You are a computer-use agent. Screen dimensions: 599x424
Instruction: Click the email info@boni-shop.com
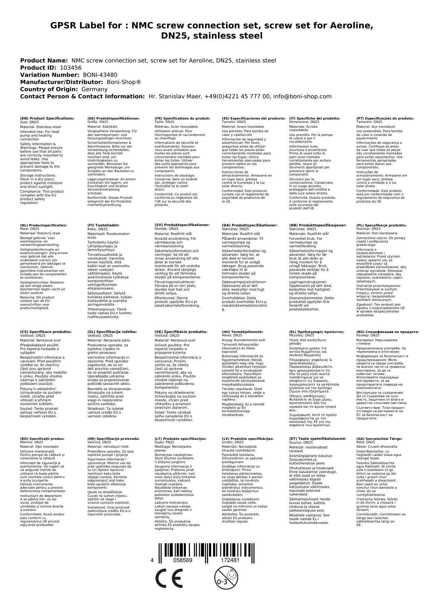302,96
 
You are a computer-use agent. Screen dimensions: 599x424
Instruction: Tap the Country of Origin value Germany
94,89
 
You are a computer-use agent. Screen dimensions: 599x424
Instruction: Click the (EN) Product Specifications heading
47,118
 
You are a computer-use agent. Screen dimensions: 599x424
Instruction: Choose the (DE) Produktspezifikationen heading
113,118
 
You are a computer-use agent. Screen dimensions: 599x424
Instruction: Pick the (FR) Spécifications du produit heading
182,118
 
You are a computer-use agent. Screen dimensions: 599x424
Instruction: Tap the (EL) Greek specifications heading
317,332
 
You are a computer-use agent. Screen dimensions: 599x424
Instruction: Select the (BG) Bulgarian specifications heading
387,332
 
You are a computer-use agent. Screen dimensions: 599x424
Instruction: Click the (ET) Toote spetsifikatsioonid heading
317,438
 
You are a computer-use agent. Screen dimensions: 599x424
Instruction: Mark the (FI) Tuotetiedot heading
103,225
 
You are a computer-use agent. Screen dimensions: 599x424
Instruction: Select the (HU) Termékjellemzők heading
243,332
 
